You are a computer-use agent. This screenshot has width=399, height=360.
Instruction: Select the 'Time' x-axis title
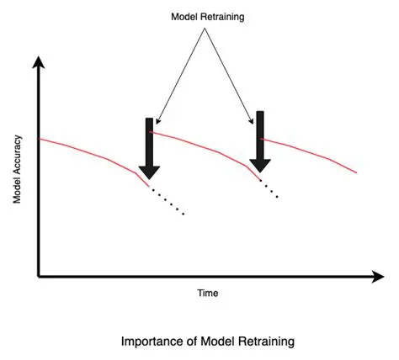pyautogui.click(x=206, y=293)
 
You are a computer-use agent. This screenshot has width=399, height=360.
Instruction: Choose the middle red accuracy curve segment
pyautogui.click(x=202, y=146)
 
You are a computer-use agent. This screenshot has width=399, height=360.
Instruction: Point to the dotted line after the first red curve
pyautogui.click(x=168, y=202)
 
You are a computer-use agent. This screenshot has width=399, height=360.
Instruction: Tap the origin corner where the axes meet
pyautogui.click(x=39, y=275)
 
